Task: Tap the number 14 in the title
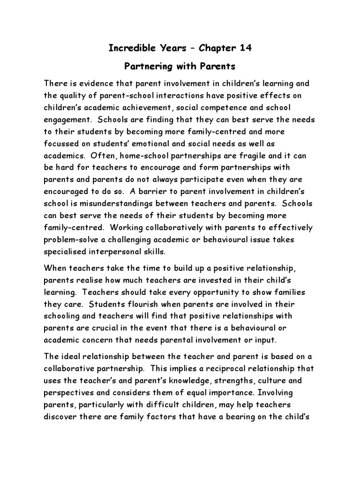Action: pyautogui.click(x=244, y=48)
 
